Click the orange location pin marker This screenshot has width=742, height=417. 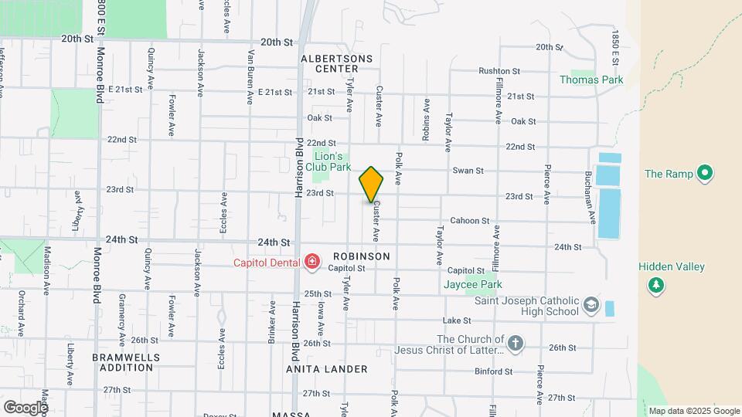point(371,185)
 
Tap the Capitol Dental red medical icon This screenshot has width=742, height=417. point(312,263)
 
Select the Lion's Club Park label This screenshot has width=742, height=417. point(328,161)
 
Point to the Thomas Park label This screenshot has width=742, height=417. point(591,80)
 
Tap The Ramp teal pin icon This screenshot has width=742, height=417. point(704,174)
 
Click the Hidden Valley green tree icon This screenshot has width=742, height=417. point(656,285)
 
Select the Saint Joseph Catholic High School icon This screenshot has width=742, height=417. point(592,304)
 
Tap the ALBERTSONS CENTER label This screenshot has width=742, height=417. point(337,63)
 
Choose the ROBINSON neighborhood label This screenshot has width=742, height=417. point(361,256)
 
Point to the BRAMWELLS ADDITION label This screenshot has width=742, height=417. point(126,362)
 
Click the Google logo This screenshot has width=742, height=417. point(25,407)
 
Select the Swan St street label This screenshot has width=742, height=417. point(468,171)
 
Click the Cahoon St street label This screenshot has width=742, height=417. point(470,220)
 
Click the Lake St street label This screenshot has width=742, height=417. point(457,320)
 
